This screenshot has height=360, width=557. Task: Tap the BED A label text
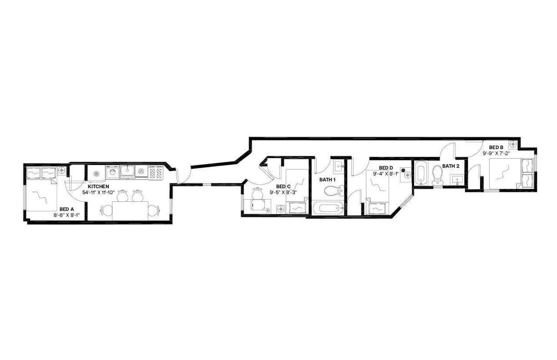pos(67,209)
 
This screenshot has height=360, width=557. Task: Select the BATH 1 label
pos(328,180)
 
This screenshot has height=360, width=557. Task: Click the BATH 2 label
pos(451,166)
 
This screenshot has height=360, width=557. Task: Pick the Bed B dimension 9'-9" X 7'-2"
pos(496,153)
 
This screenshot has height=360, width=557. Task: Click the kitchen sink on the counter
pos(127,171)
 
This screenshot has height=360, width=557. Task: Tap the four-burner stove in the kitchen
pos(155,173)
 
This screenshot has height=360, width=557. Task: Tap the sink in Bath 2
pos(457,179)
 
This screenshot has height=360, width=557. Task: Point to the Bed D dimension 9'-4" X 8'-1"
pos(386,173)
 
